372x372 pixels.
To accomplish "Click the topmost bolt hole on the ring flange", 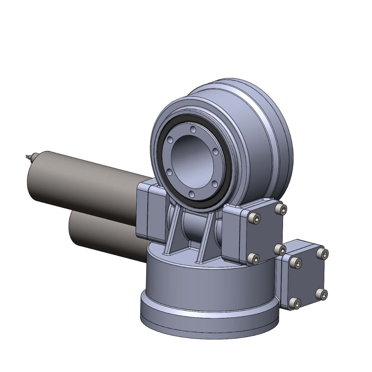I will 193,129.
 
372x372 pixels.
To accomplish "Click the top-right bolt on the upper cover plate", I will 283,209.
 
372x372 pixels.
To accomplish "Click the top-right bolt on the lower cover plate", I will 324,254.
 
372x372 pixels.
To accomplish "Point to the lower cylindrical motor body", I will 103,233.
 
